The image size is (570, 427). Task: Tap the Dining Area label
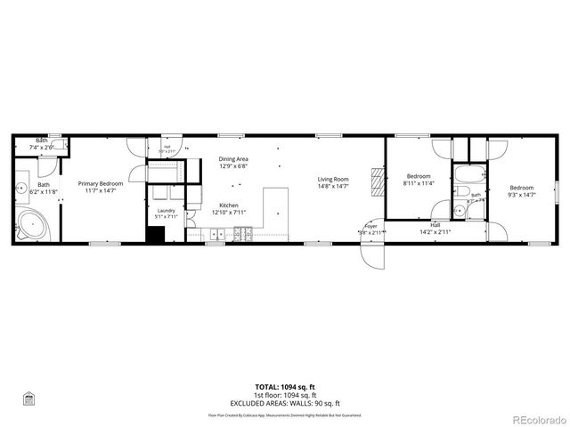(233, 159)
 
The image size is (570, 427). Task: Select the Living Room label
(333, 180)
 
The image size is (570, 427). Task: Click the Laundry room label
(167, 210)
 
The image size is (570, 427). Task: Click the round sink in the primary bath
(20, 188)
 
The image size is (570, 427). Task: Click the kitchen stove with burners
(241, 235)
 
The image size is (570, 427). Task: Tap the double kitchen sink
(216, 235)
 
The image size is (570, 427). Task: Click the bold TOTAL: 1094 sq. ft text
(285, 387)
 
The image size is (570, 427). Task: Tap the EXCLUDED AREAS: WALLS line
(285, 403)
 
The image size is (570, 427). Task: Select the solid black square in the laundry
(156, 235)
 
